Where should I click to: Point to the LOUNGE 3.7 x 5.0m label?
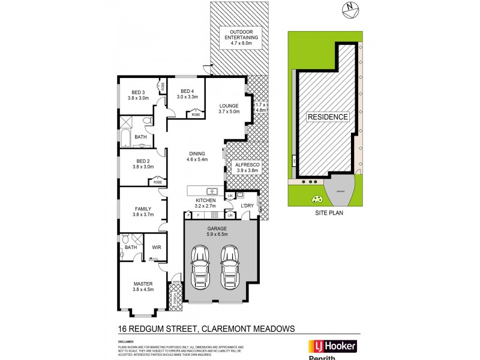coord(229,108)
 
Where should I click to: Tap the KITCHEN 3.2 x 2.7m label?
coord(206,203)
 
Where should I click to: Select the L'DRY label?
coord(249,206)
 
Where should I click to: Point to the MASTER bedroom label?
coord(143,286)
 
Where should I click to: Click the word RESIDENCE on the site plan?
coord(328,117)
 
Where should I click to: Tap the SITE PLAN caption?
coord(328,212)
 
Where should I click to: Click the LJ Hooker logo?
coord(332,346)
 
